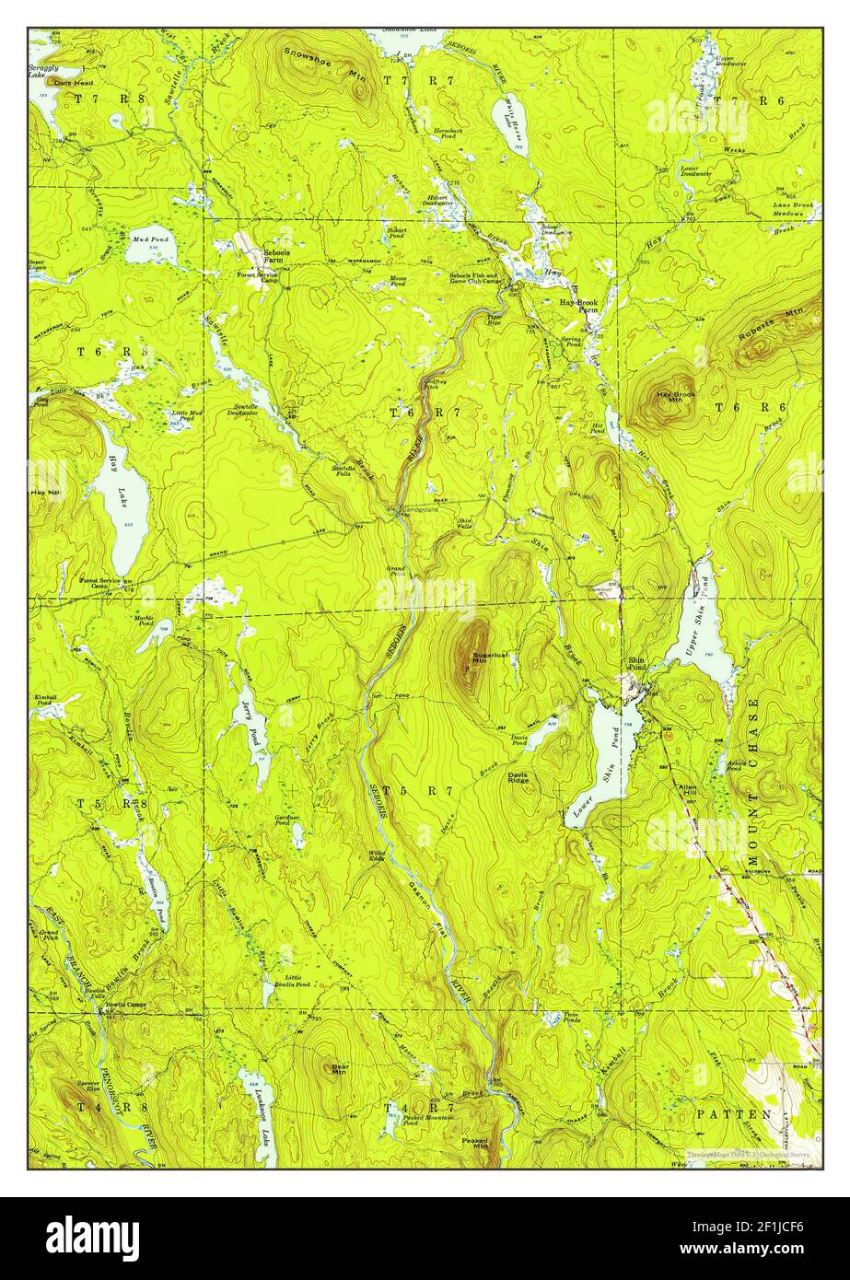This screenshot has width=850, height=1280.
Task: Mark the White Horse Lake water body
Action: click(509, 126)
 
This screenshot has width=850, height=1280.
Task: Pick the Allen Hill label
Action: click(688, 793)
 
